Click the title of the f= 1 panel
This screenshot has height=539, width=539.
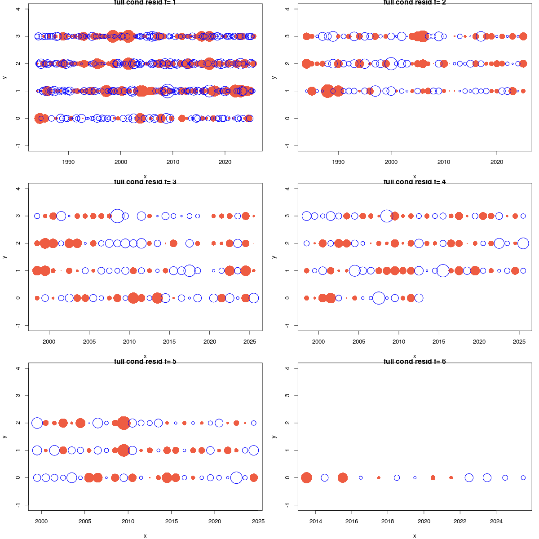tap(145, 3)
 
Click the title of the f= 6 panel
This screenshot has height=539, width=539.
tap(414, 362)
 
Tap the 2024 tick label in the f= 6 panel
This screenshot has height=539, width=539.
tap(496, 521)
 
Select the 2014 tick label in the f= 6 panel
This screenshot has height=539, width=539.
tap(316, 521)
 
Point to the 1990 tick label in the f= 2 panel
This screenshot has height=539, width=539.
tap(338, 162)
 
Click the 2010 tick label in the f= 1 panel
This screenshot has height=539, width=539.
tap(173, 162)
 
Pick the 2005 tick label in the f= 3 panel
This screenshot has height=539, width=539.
tap(89, 341)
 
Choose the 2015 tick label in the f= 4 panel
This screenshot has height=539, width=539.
tap(439, 341)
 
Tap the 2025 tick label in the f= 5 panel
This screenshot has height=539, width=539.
tap(258, 521)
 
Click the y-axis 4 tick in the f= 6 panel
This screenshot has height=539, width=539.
tap(287, 368)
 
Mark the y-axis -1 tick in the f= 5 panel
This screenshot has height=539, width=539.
tap(18, 505)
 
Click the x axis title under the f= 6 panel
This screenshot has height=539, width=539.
tap(414, 535)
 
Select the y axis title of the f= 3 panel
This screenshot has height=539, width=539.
tap(4, 257)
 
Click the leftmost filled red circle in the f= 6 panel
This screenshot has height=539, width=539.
tap(306, 477)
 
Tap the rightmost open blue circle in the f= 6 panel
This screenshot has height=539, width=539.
tap(523, 477)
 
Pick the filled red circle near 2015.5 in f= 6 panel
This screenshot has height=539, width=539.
tap(343, 477)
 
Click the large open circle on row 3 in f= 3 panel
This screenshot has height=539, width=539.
tap(117, 216)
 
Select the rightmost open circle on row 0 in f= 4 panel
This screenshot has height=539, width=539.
tap(419, 298)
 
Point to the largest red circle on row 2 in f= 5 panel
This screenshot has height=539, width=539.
tap(124, 423)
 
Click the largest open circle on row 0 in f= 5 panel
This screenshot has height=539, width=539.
tap(236, 477)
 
